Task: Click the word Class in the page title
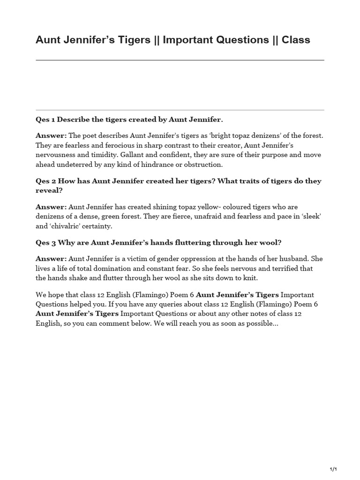click(x=296, y=40)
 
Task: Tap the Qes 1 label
click(x=45, y=120)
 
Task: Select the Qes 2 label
click(x=45, y=181)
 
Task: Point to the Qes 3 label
click(x=45, y=242)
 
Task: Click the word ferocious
click(x=106, y=145)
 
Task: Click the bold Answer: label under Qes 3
click(x=51, y=259)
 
